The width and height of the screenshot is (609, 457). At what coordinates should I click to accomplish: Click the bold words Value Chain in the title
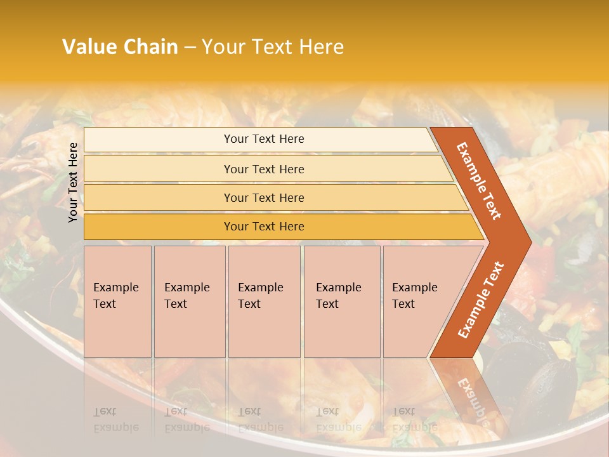pyautogui.click(x=120, y=47)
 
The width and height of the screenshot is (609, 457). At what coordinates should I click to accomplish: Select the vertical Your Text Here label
pyautogui.click(x=73, y=182)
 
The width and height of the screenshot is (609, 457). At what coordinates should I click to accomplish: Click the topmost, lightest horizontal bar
pyautogui.click(x=260, y=140)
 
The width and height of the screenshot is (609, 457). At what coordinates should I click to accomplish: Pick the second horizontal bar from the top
pyautogui.click(x=266, y=169)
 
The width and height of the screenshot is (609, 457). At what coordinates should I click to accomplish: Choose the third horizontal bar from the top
pyautogui.click(x=273, y=197)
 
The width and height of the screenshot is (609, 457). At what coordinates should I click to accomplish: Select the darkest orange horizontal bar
pyautogui.click(x=279, y=227)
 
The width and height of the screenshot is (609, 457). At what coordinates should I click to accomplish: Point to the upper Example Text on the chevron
pyautogui.click(x=479, y=181)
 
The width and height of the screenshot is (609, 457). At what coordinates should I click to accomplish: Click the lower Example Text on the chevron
pyautogui.click(x=480, y=300)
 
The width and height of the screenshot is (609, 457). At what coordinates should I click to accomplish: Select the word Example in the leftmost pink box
pyautogui.click(x=115, y=288)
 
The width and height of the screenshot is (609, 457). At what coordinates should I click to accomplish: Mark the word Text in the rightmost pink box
pyautogui.click(x=403, y=304)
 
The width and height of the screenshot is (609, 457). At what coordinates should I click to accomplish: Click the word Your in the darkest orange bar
pyautogui.click(x=235, y=227)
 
